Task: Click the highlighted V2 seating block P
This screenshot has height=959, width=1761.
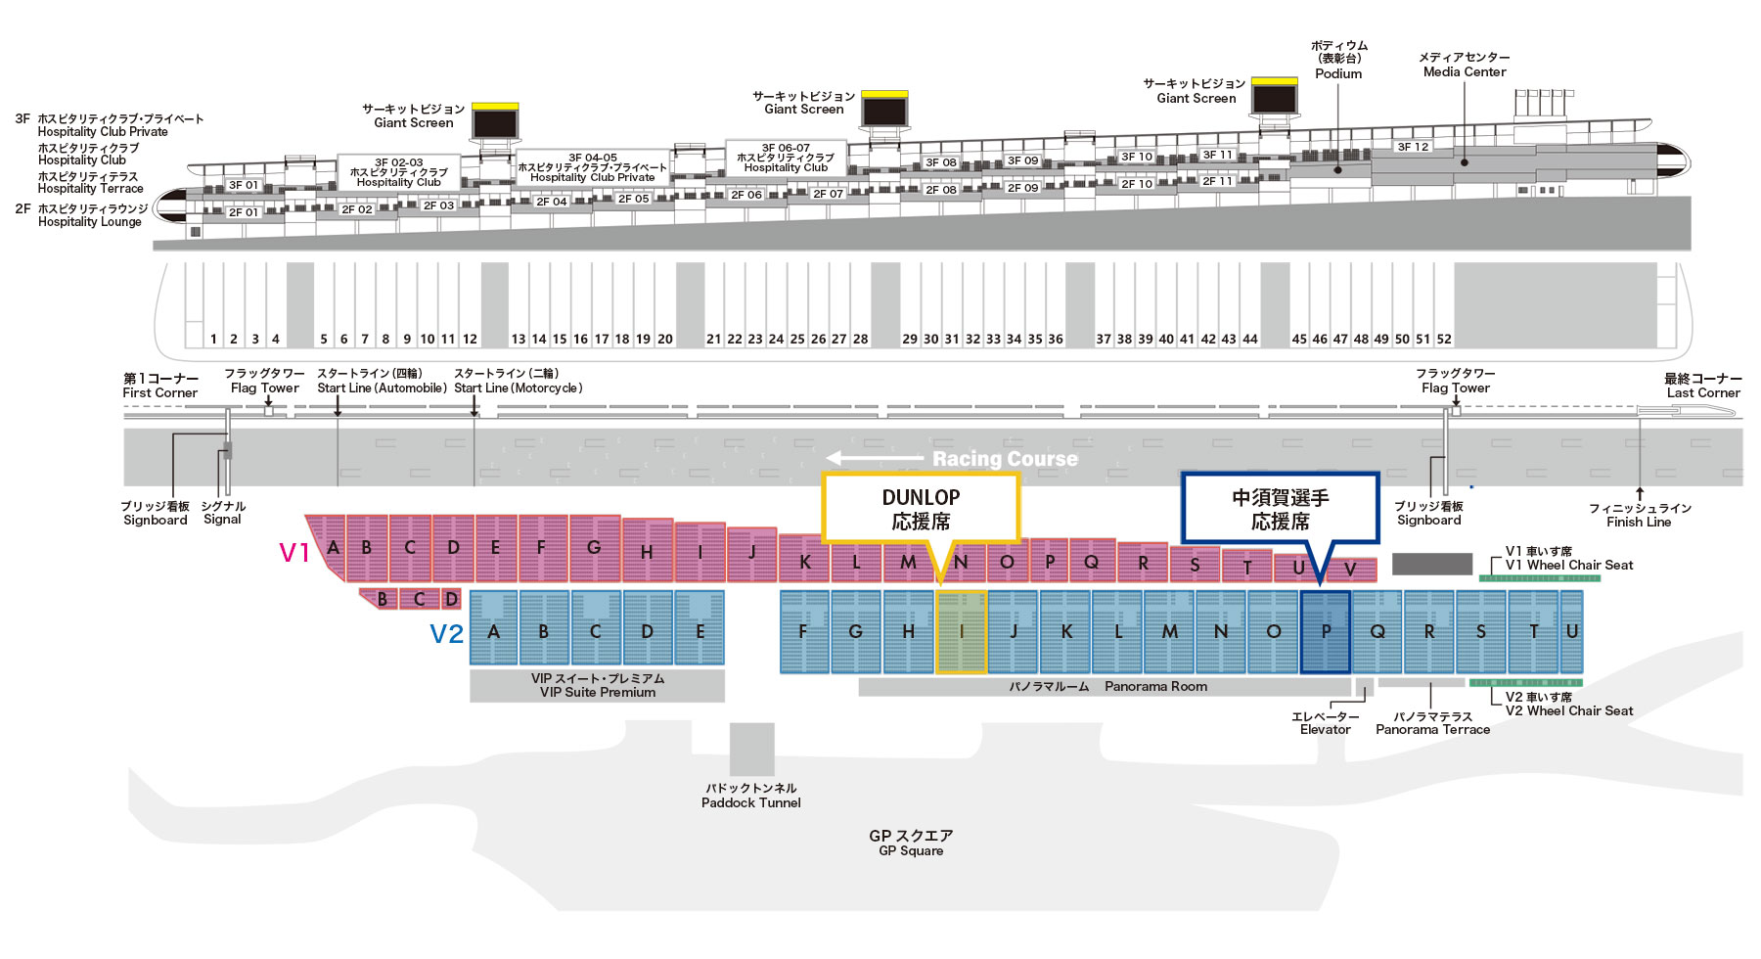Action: point(1326,632)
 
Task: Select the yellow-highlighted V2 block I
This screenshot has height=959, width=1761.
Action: point(961,632)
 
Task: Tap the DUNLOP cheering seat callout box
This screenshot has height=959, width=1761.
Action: point(921,508)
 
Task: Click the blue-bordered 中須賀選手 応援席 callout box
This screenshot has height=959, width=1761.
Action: point(1280,508)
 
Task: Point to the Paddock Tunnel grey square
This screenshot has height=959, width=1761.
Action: point(751,750)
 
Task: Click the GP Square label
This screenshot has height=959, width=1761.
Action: point(911,843)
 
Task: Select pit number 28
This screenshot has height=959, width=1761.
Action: point(860,339)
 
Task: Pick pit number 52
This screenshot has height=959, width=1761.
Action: point(1444,339)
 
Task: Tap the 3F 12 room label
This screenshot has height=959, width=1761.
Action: point(1413,147)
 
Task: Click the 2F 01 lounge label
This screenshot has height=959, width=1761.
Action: point(244,211)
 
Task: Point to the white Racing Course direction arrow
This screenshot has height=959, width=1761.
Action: point(875,458)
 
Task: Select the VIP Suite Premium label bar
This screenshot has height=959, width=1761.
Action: point(597,685)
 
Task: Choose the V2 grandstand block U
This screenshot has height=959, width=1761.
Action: point(1571,632)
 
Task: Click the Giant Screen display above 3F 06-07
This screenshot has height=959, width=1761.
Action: point(884,110)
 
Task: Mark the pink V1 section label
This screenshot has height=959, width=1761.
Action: point(293,553)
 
